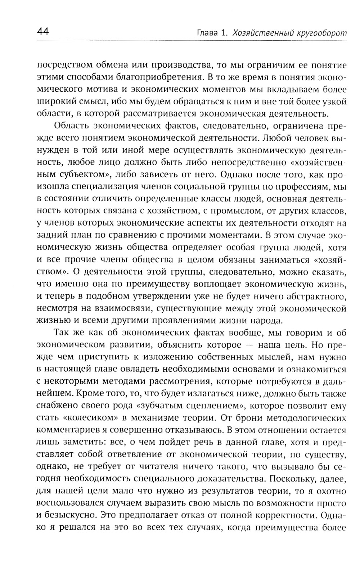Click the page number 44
click(42, 32)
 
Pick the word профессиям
click(301, 186)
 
